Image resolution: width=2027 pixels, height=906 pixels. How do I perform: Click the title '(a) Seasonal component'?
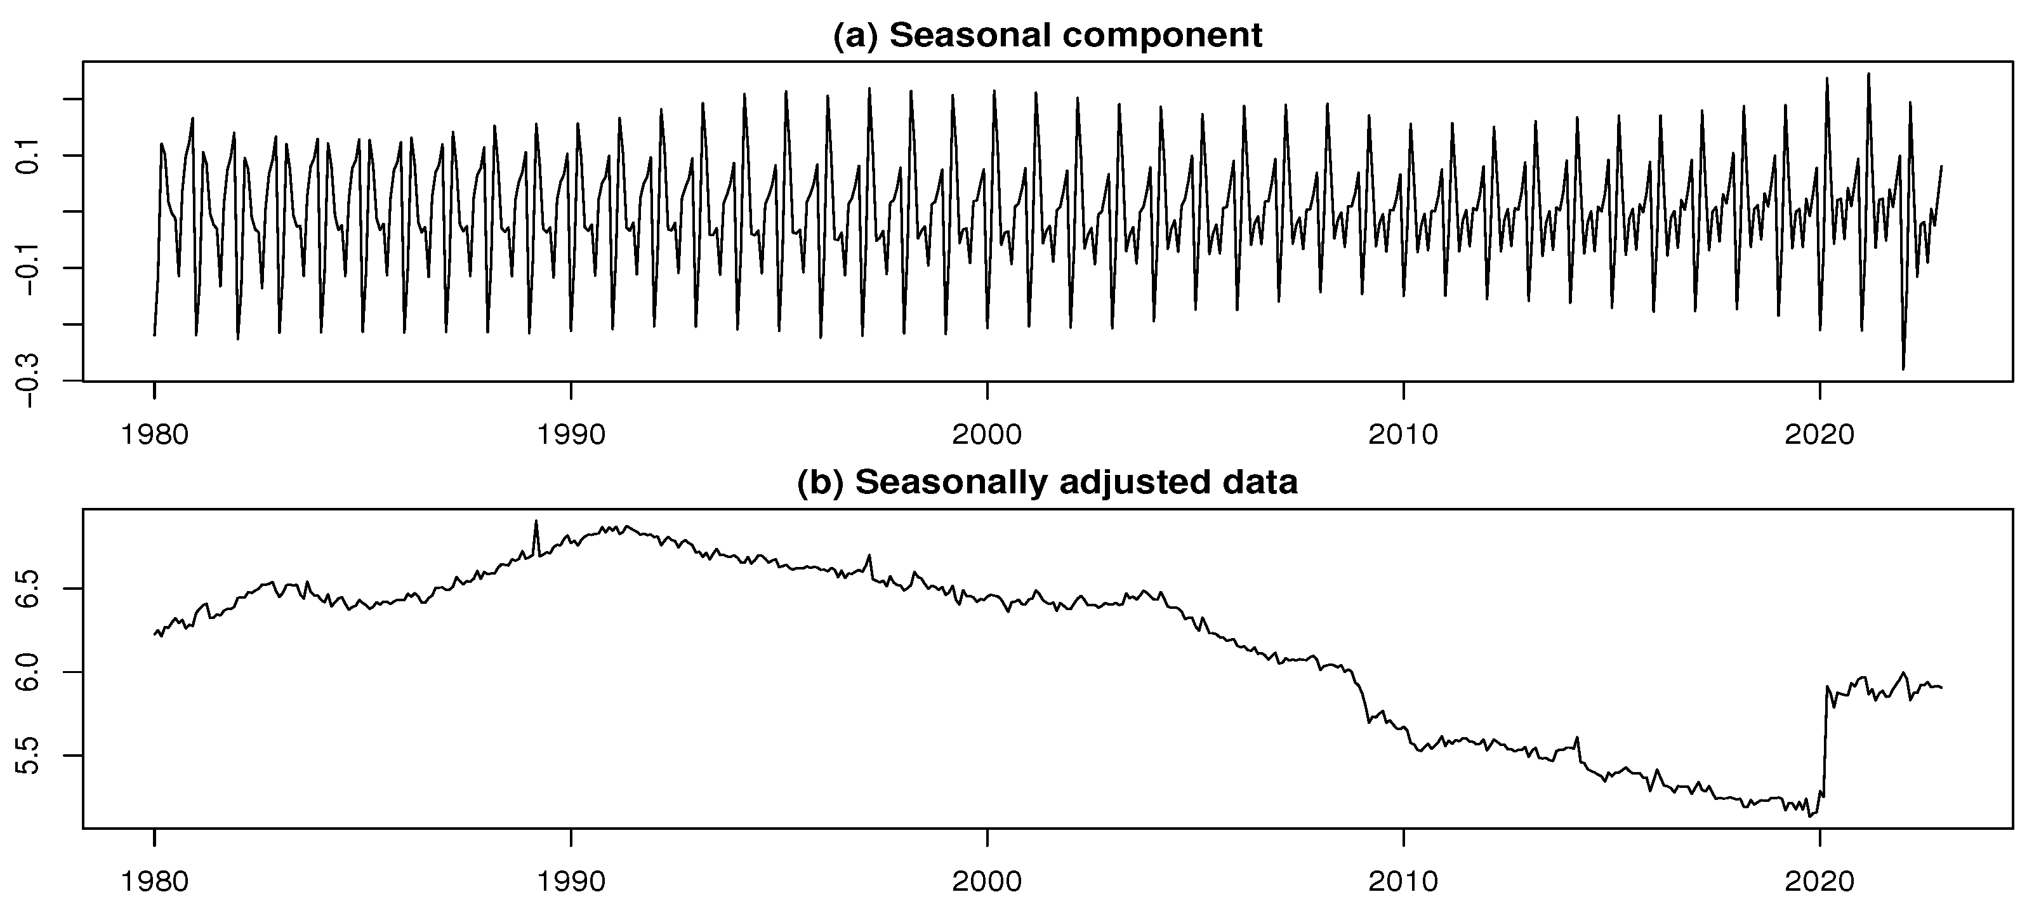[1047, 36]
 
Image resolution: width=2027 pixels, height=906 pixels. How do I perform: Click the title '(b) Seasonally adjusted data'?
[1047, 483]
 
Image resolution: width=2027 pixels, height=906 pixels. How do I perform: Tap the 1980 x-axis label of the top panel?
[154, 434]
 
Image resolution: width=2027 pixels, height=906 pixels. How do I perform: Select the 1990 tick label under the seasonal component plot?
[571, 434]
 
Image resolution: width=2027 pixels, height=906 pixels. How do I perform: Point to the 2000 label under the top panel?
[987, 434]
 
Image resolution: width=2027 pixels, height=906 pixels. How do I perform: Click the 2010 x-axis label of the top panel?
[1403, 434]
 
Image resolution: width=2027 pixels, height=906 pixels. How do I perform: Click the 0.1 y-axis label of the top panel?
[30, 156]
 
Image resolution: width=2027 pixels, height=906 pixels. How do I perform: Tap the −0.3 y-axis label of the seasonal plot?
[30, 381]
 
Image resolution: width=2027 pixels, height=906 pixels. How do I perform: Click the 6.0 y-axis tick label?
[30, 672]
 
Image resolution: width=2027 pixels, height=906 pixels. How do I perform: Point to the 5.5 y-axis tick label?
[30, 756]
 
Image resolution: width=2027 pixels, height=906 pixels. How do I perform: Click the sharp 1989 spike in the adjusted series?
[536, 522]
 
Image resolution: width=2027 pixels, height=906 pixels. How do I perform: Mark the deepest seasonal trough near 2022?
[1903, 368]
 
